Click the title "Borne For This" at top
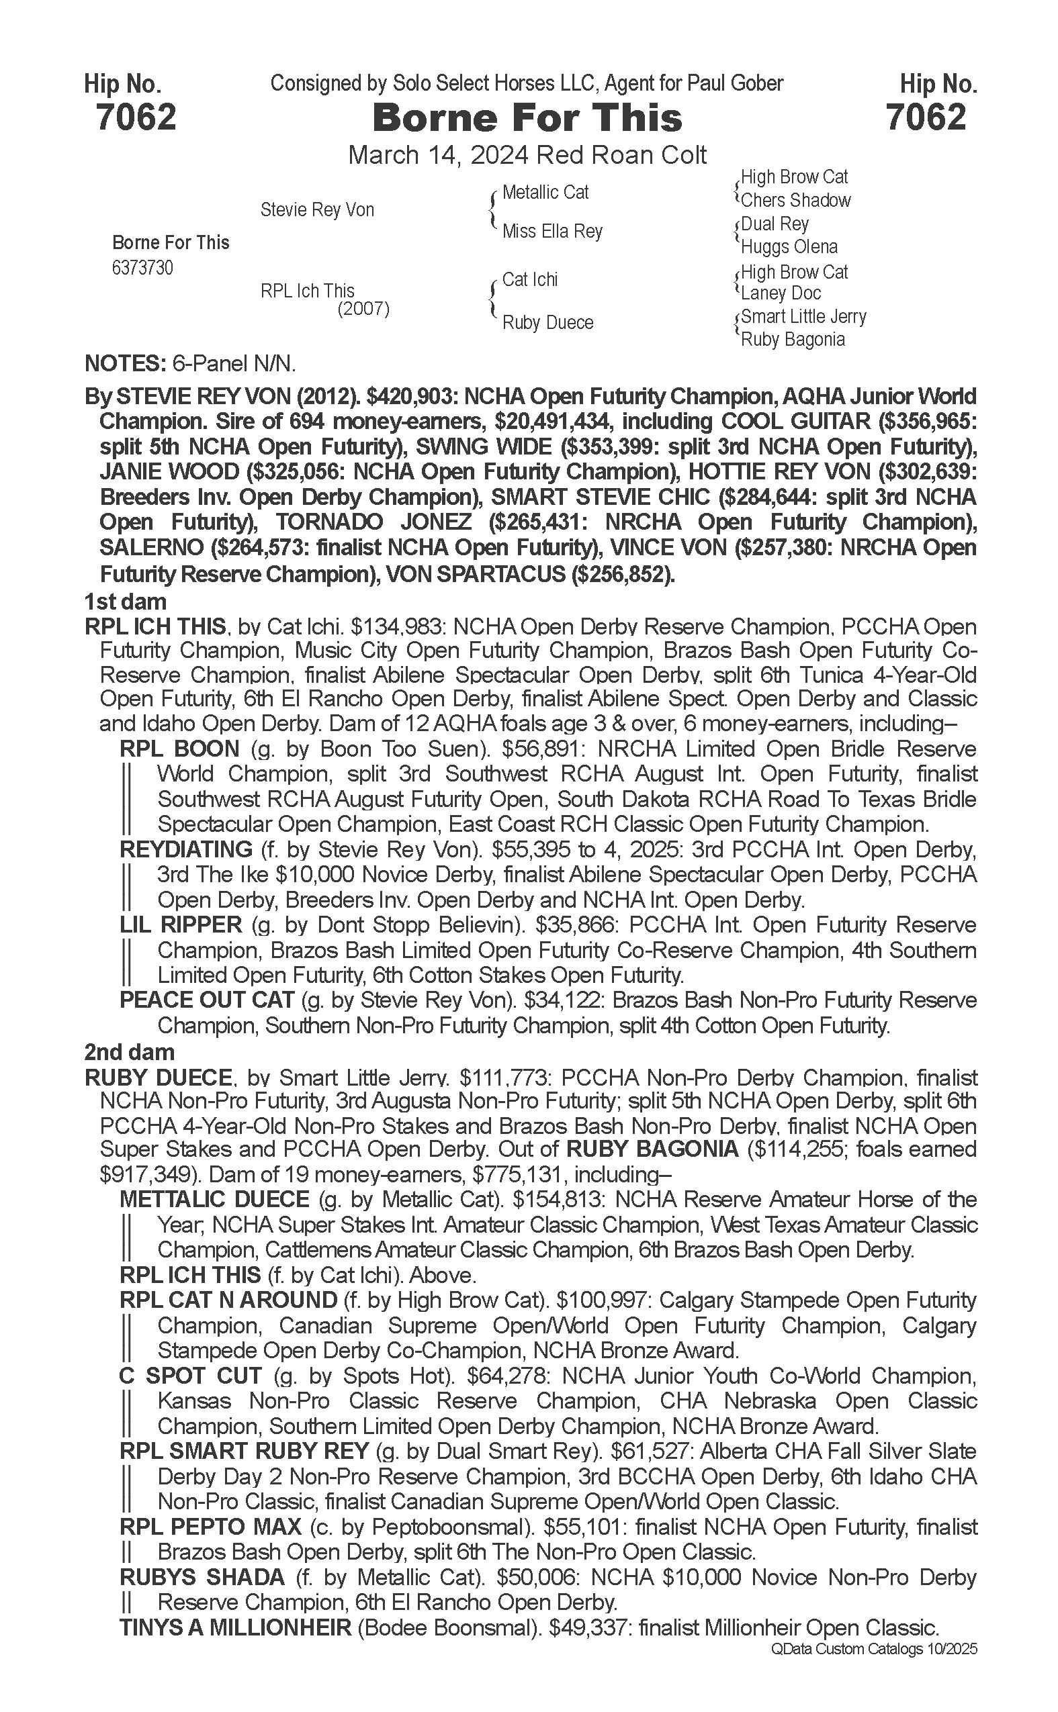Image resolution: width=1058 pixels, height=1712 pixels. click(527, 117)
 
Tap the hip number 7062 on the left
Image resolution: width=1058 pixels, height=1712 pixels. click(136, 117)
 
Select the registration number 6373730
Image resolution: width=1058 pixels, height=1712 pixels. click(142, 268)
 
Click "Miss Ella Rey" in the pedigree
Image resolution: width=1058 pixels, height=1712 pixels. click(552, 231)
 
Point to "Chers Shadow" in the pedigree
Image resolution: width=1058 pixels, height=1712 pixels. click(795, 200)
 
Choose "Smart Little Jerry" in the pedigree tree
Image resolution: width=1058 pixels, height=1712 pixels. click(803, 317)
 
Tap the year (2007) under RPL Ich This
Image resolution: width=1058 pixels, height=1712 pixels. click(363, 308)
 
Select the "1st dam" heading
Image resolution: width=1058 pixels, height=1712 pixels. click(125, 602)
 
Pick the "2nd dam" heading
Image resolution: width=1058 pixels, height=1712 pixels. click(130, 1052)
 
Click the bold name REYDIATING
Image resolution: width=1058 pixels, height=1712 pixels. click(186, 849)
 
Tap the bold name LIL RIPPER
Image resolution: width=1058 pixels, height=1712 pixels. click(181, 924)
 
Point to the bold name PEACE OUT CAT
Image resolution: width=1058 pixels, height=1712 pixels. click(206, 1000)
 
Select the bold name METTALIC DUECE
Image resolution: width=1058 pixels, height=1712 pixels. click(214, 1199)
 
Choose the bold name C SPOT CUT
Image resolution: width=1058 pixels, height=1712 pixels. click(190, 1376)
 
